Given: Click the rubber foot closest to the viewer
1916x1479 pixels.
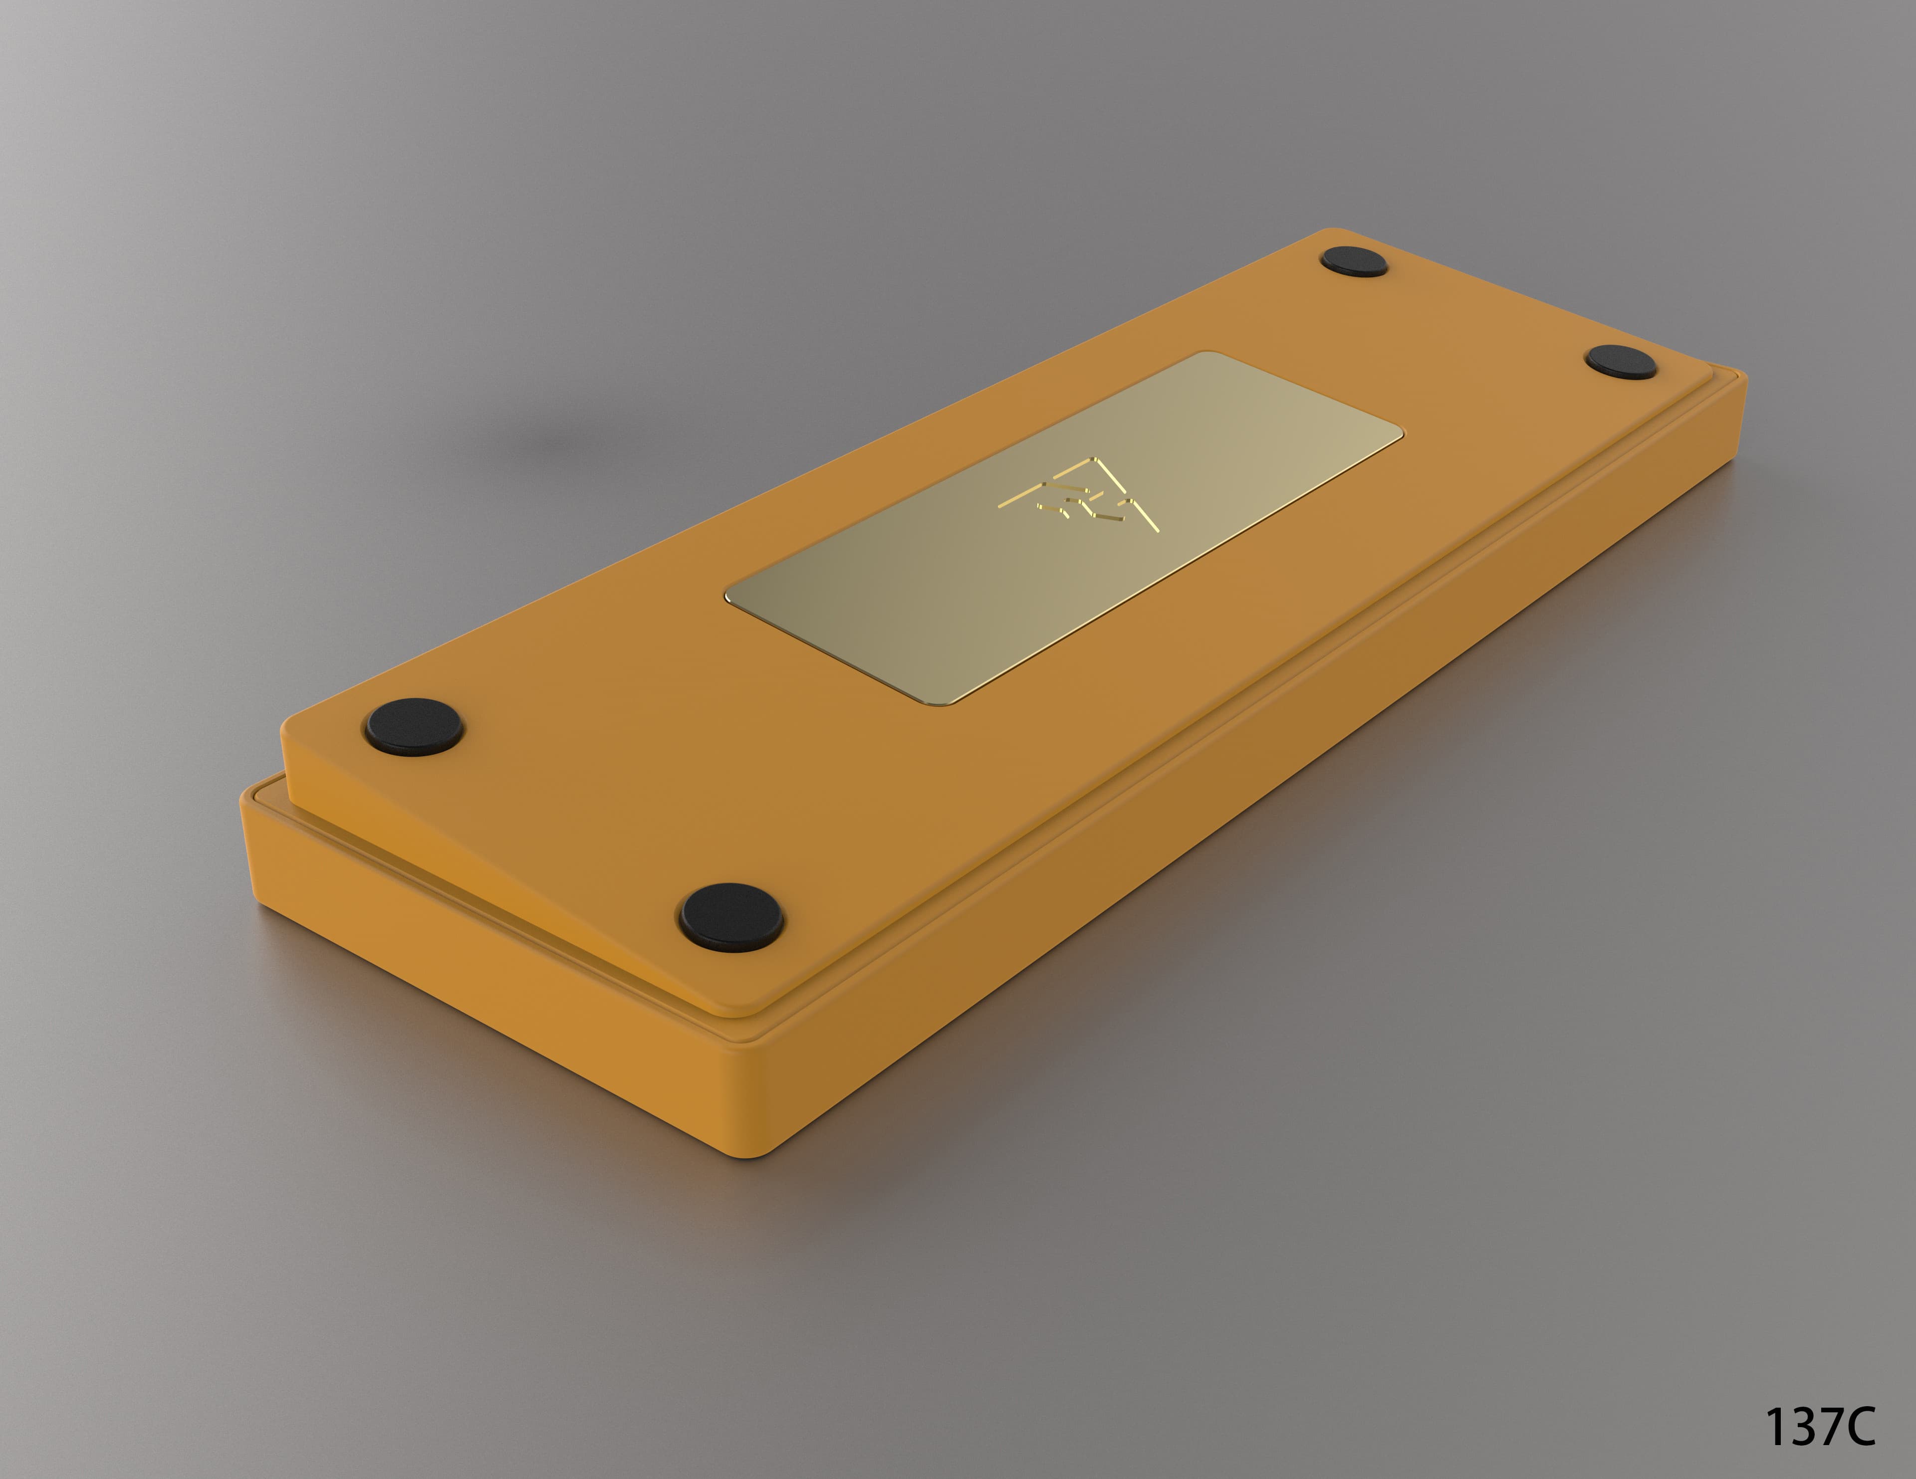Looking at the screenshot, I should pos(731,917).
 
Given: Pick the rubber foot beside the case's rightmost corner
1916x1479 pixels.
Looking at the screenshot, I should pos(1621,362).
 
